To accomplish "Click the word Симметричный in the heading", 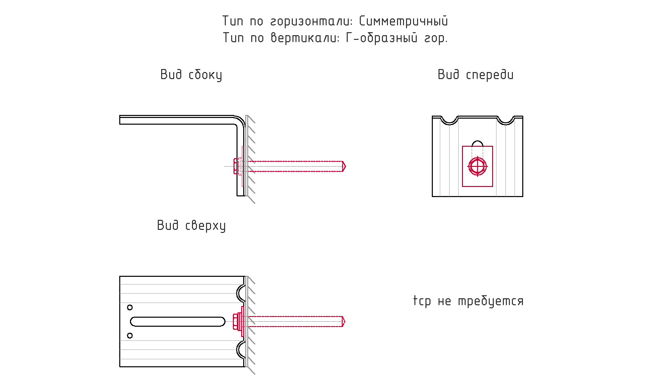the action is [403, 21].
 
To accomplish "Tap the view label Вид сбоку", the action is [191, 75].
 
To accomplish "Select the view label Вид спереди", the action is [475, 74].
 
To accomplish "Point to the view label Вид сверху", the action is [191, 226].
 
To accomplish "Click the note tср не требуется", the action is [468, 301].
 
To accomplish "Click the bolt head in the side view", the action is [236, 166].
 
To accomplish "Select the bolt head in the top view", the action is [235, 321].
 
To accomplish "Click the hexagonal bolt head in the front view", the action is [477, 166].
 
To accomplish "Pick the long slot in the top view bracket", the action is [178, 321].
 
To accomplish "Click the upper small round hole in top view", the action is [130, 307].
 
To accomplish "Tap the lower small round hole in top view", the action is [130, 335].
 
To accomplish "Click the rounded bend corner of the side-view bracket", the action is [241, 120].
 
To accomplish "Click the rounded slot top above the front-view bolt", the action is [477, 141].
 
